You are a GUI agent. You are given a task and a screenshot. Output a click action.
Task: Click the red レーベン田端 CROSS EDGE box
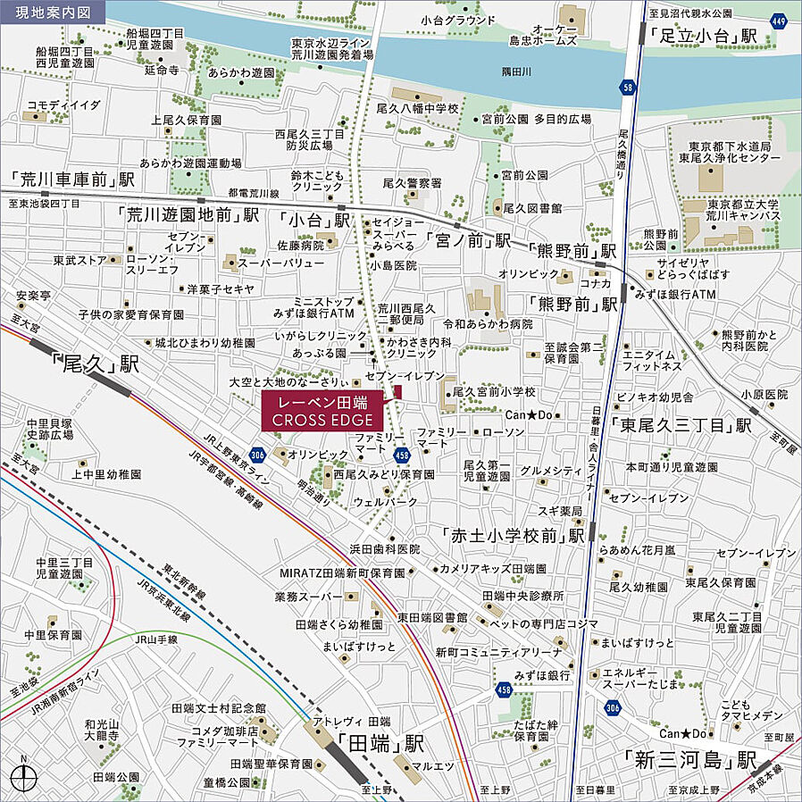coord(322,410)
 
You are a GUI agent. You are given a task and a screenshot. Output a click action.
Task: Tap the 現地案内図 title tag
coord(52,13)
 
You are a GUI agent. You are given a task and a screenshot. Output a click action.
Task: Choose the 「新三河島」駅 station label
coord(690,761)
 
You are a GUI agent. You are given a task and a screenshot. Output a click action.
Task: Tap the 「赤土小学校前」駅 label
coord(514,535)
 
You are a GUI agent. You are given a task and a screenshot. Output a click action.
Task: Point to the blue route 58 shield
coord(628,87)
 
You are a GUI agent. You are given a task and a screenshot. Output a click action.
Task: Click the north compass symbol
coord(26,773)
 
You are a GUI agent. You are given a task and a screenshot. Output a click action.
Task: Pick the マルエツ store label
coord(435,765)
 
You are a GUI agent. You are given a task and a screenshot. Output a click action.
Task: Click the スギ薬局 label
coord(559,510)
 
